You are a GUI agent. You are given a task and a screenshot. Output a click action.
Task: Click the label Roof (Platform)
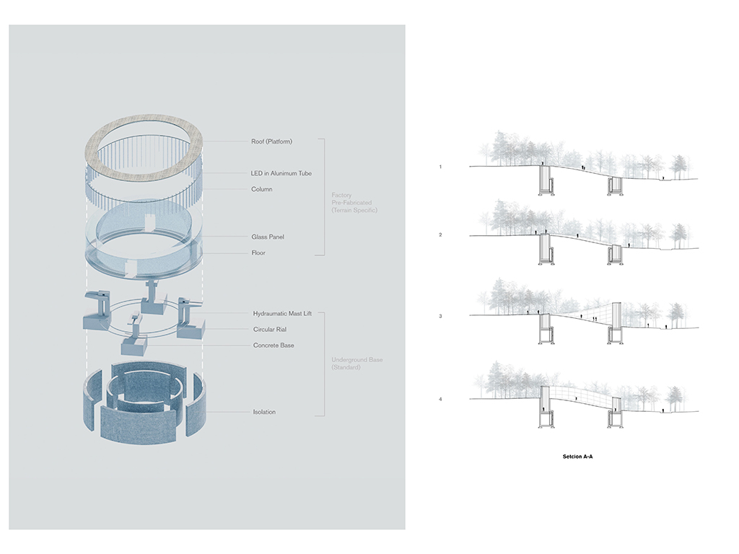(272, 141)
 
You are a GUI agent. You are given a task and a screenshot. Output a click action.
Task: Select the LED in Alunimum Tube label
(281, 173)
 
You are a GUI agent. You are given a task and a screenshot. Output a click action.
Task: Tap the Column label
(262, 189)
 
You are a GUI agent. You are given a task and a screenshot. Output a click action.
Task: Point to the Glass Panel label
(266, 237)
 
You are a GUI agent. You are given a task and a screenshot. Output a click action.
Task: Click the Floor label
(258, 252)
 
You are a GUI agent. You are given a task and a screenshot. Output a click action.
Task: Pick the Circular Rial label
(270, 329)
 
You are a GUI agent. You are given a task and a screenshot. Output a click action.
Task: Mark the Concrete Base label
(273, 345)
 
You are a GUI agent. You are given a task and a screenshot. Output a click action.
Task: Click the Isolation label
(263, 412)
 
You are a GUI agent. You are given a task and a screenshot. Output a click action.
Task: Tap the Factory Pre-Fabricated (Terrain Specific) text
(354, 202)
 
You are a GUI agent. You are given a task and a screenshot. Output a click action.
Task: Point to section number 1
(440, 167)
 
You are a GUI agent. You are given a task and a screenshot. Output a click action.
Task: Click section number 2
(440, 235)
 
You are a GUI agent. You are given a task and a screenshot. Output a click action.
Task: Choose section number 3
(440, 317)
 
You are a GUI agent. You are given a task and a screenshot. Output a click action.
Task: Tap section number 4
(440, 399)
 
